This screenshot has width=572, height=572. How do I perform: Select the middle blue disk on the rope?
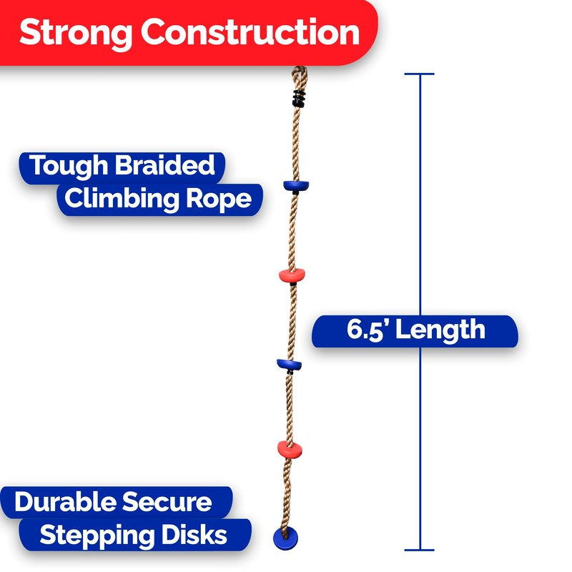(289, 364)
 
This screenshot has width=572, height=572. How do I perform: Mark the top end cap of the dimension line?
(420, 74)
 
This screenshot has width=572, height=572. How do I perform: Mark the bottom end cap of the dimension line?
(420, 551)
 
